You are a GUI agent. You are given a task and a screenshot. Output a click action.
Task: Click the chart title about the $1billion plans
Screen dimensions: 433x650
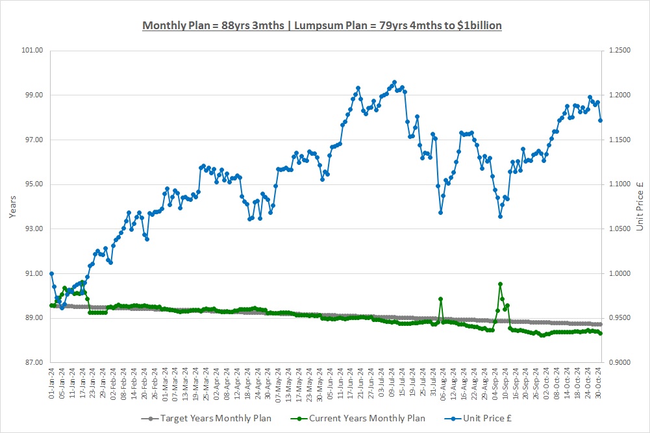[322, 25]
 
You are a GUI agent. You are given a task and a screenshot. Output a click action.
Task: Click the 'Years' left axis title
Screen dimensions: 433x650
[13, 206]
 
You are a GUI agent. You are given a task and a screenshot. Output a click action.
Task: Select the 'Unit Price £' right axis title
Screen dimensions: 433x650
[638, 206]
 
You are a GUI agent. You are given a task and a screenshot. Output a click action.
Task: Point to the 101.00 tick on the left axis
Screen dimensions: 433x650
[33, 51]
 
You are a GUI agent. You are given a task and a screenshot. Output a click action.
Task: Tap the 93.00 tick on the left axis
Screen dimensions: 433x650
[33, 229]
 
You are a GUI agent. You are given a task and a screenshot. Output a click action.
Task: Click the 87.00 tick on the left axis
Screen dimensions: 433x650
[33, 362]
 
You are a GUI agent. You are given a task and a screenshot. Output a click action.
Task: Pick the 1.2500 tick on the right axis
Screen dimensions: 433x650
[618, 51]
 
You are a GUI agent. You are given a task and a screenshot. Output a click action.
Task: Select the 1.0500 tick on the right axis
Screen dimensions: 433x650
[618, 229]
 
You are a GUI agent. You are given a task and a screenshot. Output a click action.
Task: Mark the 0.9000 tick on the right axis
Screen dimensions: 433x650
[618, 362]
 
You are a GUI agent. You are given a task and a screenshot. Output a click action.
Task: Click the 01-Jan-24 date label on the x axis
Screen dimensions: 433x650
[52, 384]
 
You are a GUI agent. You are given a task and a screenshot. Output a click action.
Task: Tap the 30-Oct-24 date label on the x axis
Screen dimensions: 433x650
[598, 384]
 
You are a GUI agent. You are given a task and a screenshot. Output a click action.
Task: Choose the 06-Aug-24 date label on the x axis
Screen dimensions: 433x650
[441, 384]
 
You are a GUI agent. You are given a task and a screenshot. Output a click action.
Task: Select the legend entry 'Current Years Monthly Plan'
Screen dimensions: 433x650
[351, 419]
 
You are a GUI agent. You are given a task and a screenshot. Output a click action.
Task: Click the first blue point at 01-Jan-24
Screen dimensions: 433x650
[51, 273]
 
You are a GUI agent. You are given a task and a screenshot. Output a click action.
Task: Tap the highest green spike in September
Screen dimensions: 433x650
[500, 284]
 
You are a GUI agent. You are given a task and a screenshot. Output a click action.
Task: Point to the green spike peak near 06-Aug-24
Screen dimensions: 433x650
[441, 299]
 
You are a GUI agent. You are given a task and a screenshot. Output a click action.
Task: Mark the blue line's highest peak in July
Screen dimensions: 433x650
[394, 82]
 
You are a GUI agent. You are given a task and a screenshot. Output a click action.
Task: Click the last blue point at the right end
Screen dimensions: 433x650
[601, 120]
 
